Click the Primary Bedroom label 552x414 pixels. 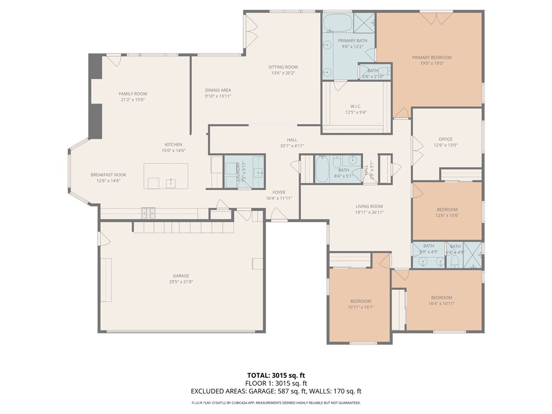point(432,57)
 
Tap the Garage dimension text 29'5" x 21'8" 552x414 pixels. point(181,282)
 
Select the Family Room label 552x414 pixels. point(133,94)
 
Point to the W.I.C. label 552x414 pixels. point(355,106)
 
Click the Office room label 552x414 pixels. point(445,139)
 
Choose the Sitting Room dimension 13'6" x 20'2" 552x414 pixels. point(283,73)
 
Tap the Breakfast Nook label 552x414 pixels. point(108,175)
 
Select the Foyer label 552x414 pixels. point(279,192)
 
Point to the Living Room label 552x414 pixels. point(369,206)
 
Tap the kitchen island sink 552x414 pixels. point(171,183)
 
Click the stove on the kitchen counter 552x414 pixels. point(148,213)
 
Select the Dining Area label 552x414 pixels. point(218,90)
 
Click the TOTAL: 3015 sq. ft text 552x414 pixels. point(275,375)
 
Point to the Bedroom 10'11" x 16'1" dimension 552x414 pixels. point(361,307)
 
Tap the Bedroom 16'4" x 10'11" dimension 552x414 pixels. point(441,304)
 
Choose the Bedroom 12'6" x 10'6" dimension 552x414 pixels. point(447,216)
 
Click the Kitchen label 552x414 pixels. point(174,144)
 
